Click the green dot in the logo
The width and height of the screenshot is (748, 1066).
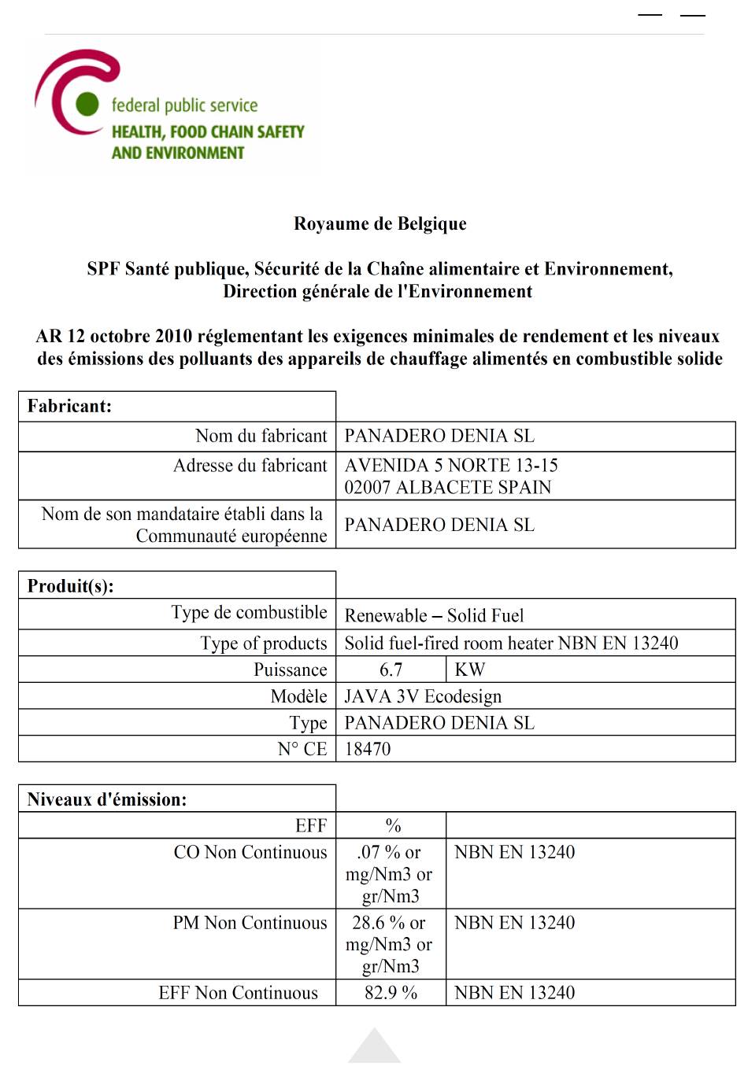tap(87, 103)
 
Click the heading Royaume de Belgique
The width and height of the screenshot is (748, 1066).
tap(380, 224)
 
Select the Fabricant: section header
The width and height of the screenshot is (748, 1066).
tap(69, 406)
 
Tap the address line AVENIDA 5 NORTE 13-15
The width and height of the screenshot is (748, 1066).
tap(451, 465)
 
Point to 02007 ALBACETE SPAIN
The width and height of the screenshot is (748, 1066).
tap(447, 487)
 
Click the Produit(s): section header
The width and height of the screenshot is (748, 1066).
tap(70, 586)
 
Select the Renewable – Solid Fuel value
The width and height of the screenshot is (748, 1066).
tap(434, 615)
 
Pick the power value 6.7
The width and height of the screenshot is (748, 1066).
tap(391, 669)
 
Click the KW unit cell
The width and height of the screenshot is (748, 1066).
tap(470, 669)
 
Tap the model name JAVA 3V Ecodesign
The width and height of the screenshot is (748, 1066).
tap(423, 696)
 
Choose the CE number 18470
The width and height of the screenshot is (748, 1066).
tap(368, 749)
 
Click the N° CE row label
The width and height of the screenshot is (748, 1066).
tap(302, 749)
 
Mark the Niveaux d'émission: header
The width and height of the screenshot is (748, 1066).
tap(107, 799)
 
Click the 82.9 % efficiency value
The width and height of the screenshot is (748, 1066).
tap(391, 993)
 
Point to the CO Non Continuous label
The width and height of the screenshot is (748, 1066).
tap(250, 852)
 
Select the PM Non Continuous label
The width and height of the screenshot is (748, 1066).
tap(250, 923)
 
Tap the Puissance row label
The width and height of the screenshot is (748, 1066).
tap(290, 669)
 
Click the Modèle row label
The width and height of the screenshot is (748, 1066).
tap(298, 696)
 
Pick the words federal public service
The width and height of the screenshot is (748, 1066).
tap(184, 105)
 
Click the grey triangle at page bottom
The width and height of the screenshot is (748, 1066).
tap(374, 1049)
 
